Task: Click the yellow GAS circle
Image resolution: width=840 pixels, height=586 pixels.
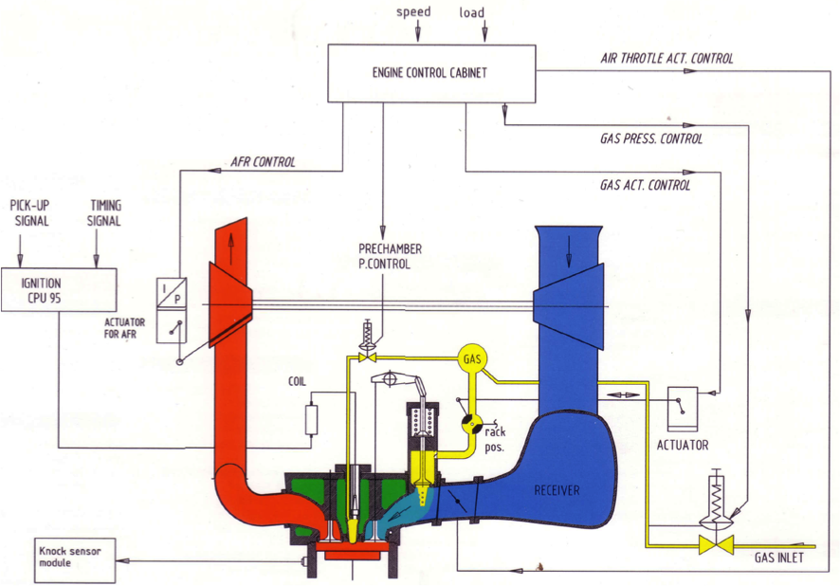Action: coord(472,359)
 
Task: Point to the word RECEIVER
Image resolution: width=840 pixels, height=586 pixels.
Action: coord(557,490)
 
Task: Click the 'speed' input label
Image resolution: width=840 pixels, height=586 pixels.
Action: coord(413,12)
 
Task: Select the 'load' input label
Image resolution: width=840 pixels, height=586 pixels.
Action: coord(471,12)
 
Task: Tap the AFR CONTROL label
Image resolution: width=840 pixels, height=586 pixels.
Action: coord(264,162)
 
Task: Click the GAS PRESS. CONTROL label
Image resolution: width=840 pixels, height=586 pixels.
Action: coord(651,138)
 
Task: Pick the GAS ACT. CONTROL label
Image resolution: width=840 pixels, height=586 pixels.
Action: coord(646,185)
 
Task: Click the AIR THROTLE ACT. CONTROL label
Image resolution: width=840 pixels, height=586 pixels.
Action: coord(667,58)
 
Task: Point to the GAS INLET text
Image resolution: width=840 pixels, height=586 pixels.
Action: coord(778,558)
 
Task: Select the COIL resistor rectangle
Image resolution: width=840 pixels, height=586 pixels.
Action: coord(310,419)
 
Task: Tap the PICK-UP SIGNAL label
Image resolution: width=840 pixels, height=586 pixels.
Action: coord(29,212)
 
